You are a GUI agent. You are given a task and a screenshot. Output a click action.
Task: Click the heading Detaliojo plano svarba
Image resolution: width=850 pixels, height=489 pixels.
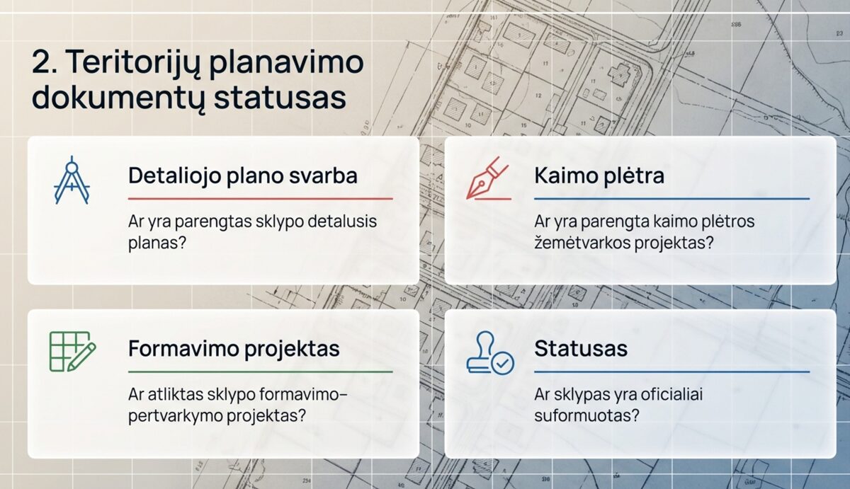pyautogui.click(x=242, y=176)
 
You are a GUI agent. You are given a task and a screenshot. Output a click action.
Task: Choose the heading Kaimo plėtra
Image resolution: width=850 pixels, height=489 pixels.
pyautogui.click(x=599, y=176)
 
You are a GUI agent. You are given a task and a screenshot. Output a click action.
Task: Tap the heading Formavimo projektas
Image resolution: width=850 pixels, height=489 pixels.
pyautogui.click(x=234, y=348)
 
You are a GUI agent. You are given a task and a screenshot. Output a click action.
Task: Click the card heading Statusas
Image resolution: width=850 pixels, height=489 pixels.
pyautogui.click(x=581, y=348)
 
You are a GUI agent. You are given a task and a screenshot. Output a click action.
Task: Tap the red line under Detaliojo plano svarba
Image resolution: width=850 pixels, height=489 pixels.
pyautogui.click(x=260, y=199)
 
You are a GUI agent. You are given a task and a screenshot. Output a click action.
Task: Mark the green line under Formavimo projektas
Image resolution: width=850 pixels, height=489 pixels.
pyautogui.click(x=260, y=372)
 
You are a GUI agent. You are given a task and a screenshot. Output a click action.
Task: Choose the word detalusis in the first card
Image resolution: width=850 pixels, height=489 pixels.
pyautogui.click(x=343, y=222)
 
